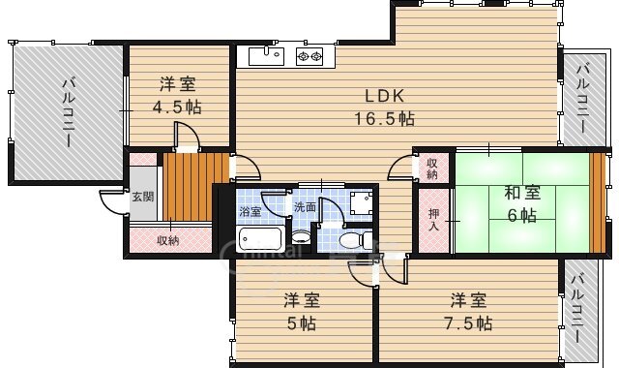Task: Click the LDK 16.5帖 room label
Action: coord(385,107)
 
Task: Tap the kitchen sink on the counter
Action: coord(267,56)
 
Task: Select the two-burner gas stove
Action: coord(309,56)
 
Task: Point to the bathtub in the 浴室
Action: coord(260,238)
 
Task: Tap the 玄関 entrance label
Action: coord(143,197)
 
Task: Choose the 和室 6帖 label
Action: coord(522,204)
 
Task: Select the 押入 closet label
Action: coord(434,220)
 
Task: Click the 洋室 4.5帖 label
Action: coord(177,96)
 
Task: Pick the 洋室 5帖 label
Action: coord(301,312)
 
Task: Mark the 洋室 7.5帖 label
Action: coord(468,312)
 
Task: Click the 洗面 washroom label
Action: coord(305,206)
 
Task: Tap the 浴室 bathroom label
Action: coord(250,211)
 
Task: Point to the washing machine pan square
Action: coord(361,202)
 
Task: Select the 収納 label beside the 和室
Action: coord(432,169)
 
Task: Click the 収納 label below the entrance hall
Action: coord(167,240)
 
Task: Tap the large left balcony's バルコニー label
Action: coord(68,112)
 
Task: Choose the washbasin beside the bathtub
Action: coord(301,237)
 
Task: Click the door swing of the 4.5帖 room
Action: coord(188,137)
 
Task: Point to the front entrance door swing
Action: coord(114,202)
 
